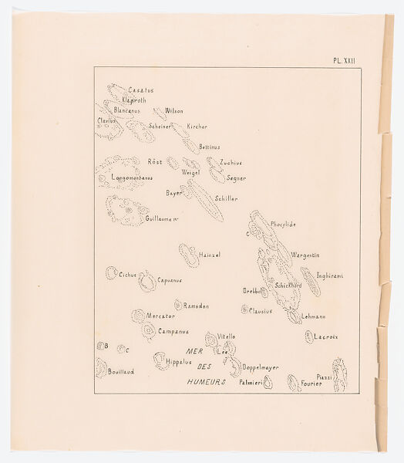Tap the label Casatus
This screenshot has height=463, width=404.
point(141,90)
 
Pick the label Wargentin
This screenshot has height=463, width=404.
point(305,255)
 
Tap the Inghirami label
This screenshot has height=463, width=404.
point(330,275)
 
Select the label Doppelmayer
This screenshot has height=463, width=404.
point(261,367)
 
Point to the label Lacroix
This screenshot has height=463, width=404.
point(328,337)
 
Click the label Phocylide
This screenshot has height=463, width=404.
point(283,224)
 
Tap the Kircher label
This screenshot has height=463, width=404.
point(197,126)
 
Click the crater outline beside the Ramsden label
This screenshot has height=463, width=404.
point(178,305)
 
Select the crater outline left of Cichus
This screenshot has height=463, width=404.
point(112,272)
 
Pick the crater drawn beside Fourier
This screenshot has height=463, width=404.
point(294,382)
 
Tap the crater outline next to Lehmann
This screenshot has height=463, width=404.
point(295,316)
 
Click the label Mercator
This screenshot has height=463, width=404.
point(161,316)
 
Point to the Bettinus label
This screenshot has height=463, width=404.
point(210,147)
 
